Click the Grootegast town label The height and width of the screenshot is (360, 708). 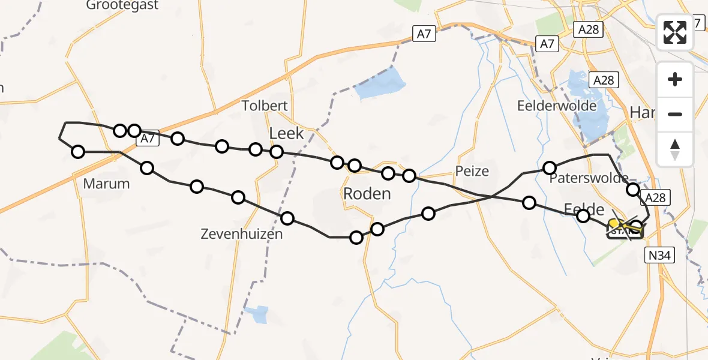click(x=122, y=5)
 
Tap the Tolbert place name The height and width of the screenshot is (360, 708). click(x=265, y=106)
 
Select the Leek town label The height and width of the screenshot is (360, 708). click(x=287, y=133)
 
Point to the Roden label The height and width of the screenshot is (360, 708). click(x=367, y=194)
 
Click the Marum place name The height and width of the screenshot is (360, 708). click(x=106, y=184)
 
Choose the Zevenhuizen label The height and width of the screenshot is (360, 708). click(x=242, y=235)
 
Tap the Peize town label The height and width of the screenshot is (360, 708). click(x=472, y=171)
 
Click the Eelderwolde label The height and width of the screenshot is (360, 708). click(x=557, y=106)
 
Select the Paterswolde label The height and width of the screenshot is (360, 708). click(x=589, y=178)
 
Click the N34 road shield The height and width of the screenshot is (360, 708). click(x=661, y=256)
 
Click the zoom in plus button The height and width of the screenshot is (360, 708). click(x=675, y=79)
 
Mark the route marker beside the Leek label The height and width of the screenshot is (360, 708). click(x=277, y=152)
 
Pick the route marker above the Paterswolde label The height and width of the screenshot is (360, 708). click(x=549, y=167)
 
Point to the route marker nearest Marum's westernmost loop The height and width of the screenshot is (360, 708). click(x=78, y=152)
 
